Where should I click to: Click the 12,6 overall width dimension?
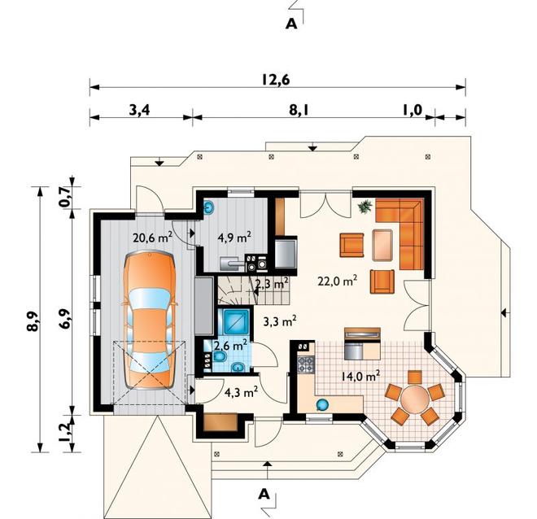276,80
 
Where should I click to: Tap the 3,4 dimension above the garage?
139,111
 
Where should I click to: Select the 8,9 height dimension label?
33,321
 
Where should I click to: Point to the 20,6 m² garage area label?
152,237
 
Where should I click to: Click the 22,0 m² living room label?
338,281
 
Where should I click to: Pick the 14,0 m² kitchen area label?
360,377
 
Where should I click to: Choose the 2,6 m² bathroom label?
230,345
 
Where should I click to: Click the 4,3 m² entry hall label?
241,393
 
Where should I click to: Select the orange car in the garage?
150,320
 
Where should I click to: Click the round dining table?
415,399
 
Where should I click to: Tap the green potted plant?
365,207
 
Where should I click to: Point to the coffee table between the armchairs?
382,245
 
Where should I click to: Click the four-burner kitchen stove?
306,364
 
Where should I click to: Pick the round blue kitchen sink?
322,405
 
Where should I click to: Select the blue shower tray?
236,322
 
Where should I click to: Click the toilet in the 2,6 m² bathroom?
220,357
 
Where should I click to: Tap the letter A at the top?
291,24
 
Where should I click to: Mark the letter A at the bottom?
264,494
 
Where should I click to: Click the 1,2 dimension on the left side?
64,433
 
